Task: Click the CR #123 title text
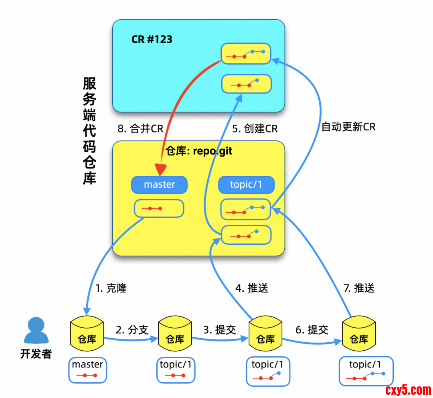152,39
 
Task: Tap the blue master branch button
159,185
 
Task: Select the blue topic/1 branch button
246,185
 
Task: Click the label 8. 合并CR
140,129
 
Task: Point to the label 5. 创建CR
255,129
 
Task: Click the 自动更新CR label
348,127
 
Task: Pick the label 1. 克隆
111,288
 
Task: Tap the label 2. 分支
132,330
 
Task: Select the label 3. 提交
220,330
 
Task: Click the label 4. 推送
251,288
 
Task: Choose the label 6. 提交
312,330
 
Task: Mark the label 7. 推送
359,288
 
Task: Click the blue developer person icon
36,331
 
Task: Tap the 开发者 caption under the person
36,354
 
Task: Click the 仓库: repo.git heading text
198,151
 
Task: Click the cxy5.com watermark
408,390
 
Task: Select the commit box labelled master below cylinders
87,370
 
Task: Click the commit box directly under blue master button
159,209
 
